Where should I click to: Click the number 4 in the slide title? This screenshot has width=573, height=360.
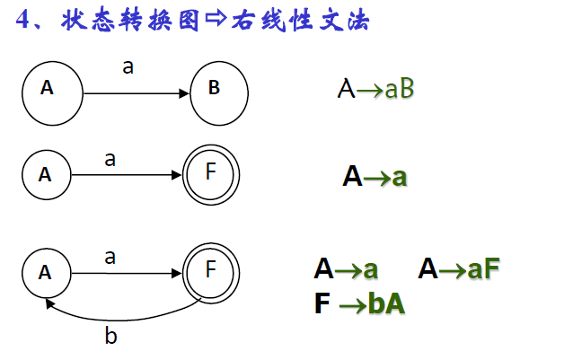pyautogui.click(x=25, y=20)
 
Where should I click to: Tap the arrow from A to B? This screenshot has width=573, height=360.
pyautogui.click(x=136, y=92)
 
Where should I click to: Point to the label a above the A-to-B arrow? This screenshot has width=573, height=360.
pyautogui.click(x=128, y=66)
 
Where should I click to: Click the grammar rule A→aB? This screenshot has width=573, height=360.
pyautogui.click(x=375, y=89)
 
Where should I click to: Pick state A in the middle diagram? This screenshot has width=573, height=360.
pyautogui.click(x=46, y=175)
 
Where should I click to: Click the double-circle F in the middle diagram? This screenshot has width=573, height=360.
pyautogui.click(x=211, y=173)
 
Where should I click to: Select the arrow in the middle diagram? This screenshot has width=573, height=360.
pyautogui.click(x=126, y=175)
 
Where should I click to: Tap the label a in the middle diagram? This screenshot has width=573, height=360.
pyautogui.click(x=110, y=159)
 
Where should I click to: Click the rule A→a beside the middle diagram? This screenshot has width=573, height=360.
pyautogui.click(x=375, y=176)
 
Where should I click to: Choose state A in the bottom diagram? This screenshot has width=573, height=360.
pyautogui.click(x=46, y=272)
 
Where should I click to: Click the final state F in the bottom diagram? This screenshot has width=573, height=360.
pyautogui.click(x=211, y=270)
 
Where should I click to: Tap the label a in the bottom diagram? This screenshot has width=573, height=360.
pyautogui.click(x=110, y=257)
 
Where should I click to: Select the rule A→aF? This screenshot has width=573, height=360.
pyautogui.click(x=458, y=269)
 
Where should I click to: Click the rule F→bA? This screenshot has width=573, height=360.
pyautogui.click(x=359, y=303)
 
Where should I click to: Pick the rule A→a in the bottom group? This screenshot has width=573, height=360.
pyautogui.click(x=346, y=269)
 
